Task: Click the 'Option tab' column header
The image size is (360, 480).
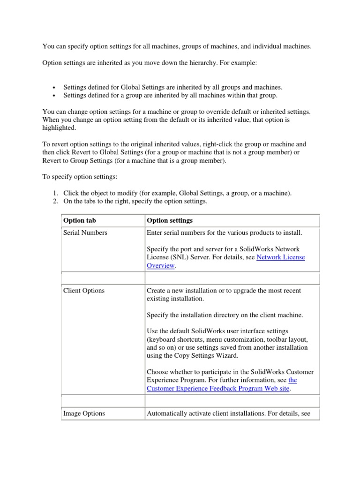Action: coord(80,220)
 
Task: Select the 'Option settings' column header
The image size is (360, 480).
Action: coord(170,220)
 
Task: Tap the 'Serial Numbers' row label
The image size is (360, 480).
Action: coord(85,232)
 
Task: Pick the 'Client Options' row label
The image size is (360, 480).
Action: coord(84,291)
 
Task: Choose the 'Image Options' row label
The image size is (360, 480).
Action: coord(84,413)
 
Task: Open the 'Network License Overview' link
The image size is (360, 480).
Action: coord(280,257)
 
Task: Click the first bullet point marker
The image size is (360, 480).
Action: coord(54,88)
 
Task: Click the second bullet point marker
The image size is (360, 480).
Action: coord(54,96)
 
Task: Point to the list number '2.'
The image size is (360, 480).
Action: coord(54,202)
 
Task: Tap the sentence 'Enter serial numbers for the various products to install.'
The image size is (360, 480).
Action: coord(225,232)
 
